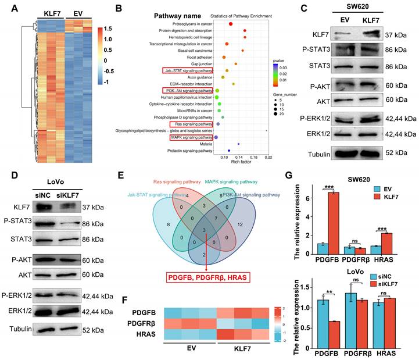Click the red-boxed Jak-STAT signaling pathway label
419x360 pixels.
coord(187,70)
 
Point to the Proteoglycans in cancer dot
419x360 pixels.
coord(231,24)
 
